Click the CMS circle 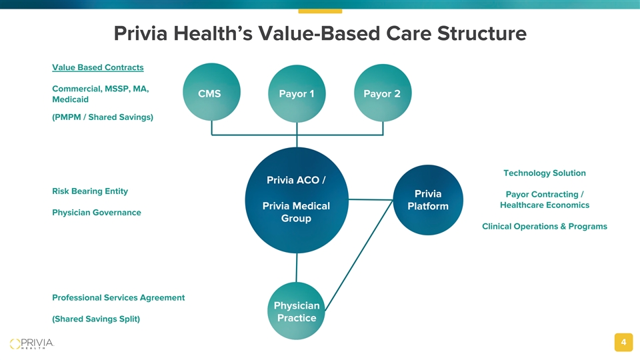coord(211,92)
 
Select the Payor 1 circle coord(297,93)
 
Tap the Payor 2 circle coord(383,93)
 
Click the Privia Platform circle coord(428,200)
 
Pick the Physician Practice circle coord(296,311)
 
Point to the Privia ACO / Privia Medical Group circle coord(297,200)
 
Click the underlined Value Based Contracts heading coord(98,67)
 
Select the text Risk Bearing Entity coord(90,191)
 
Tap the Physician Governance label coord(96,212)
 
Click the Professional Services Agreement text coord(119,297)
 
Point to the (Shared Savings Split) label coord(96,319)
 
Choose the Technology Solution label coord(545,173)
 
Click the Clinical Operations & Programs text coord(545,226)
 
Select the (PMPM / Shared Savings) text coord(103,117)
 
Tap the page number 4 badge coord(624,342)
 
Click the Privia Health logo coord(32,344)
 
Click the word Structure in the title coord(481,33)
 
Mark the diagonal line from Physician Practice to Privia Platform coord(359,255)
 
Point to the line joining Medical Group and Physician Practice coord(297,268)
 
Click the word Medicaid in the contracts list coord(70,99)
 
